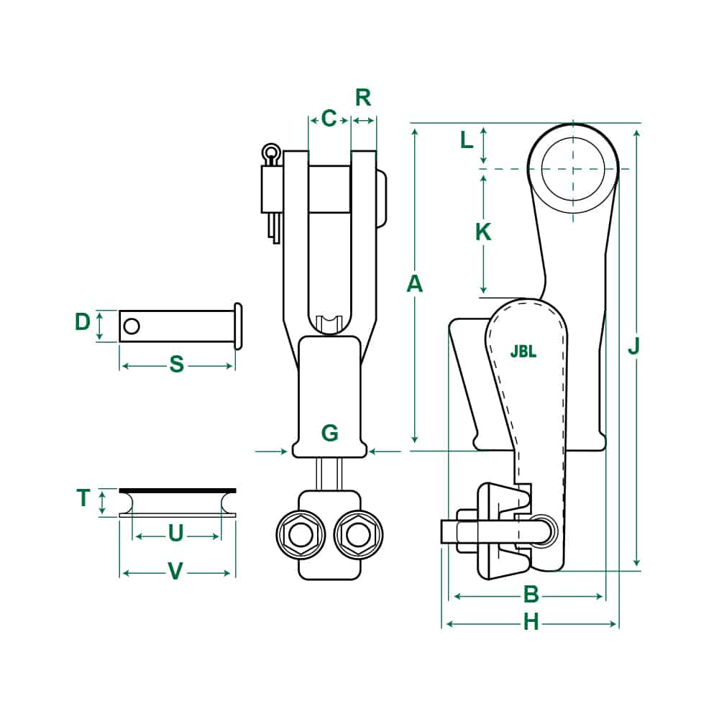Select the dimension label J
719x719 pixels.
click(633, 347)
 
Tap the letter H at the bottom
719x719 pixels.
click(531, 622)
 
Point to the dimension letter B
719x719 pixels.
click(531, 595)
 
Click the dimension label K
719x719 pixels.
click(483, 232)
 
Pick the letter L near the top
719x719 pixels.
click(467, 140)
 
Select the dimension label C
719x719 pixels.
click(329, 118)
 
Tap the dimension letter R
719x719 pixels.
click(363, 97)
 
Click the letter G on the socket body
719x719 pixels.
click(329, 433)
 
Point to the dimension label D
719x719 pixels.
click(83, 322)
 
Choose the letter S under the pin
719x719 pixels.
click(176, 365)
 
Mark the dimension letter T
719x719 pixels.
click(83, 498)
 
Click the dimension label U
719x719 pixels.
click(175, 533)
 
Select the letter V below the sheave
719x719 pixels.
click(175, 572)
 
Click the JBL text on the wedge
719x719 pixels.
click(523, 352)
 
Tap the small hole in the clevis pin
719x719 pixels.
click(131, 326)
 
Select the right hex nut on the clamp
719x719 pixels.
click(358, 533)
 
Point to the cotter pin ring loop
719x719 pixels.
click(270, 152)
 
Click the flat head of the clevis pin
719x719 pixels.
click(238, 326)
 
